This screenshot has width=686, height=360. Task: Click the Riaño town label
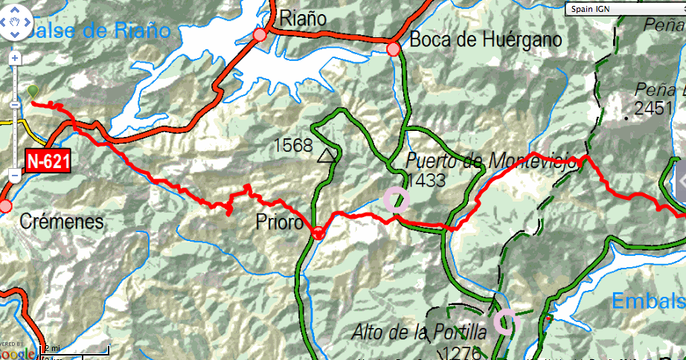(x=303, y=19)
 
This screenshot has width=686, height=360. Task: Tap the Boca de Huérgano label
(x=485, y=39)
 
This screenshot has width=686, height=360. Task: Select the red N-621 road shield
(x=46, y=160)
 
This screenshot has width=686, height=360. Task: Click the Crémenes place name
(x=62, y=222)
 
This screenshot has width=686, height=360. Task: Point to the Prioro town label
(x=278, y=222)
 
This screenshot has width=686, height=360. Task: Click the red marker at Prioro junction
(x=318, y=232)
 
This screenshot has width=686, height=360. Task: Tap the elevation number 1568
(x=293, y=145)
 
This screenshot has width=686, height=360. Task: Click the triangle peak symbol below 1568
(x=325, y=156)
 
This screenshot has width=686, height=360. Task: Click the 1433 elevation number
(x=426, y=180)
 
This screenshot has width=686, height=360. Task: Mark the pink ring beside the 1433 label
(x=397, y=199)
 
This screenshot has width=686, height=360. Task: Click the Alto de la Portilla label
(x=420, y=332)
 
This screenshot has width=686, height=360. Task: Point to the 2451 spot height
(x=653, y=109)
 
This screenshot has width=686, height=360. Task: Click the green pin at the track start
(x=33, y=92)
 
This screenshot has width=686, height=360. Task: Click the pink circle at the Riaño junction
(x=260, y=35)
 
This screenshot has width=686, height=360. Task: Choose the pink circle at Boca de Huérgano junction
(x=394, y=49)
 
